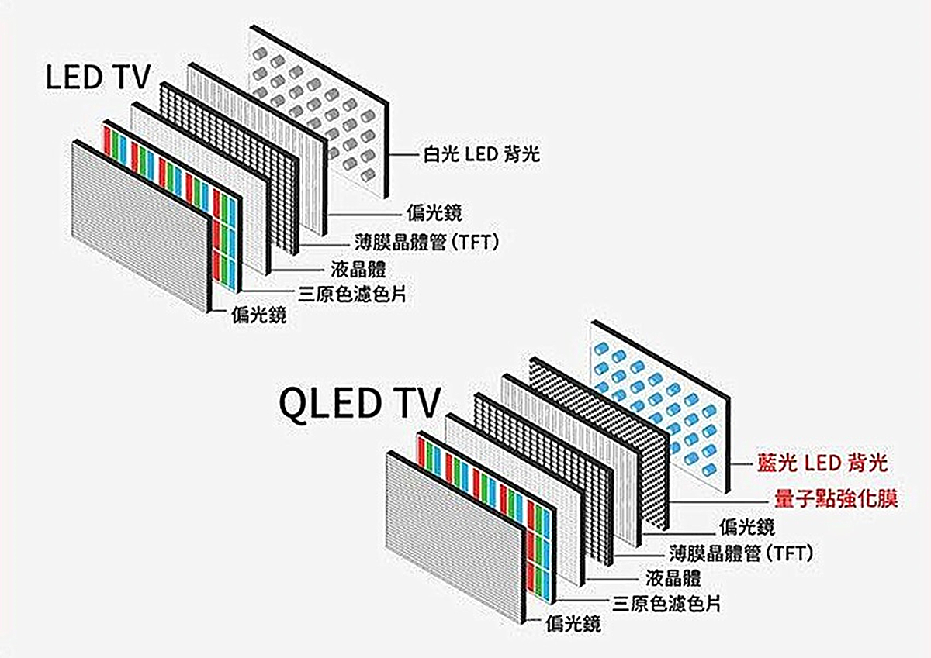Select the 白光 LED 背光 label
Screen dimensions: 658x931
[x=481, y=155]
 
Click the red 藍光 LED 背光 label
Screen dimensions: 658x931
[x=822, y=463]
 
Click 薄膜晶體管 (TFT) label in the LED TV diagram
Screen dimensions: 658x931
[x=424, y=243]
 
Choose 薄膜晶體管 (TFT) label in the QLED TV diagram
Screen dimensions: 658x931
[x=740, y=553]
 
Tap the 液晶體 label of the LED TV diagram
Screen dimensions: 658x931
[x=358, y=270]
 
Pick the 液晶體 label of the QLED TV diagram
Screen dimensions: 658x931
[x=673, y=578]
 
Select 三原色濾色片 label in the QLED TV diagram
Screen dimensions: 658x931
[x=666, y=603]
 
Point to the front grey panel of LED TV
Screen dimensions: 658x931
[x=140, y=225]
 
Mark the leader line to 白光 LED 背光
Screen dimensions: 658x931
[x=403, y=155]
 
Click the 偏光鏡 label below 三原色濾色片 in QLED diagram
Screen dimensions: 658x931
[x=573, y=622]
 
